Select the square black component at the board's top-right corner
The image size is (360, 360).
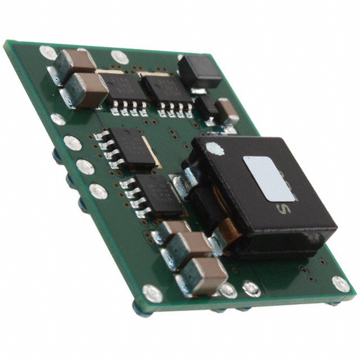[x=199, y=71]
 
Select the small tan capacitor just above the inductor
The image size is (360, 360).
[x=228, y=111]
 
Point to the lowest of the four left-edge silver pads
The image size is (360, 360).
[x=98, y=192]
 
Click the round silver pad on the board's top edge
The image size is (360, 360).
[x=119, y=56]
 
